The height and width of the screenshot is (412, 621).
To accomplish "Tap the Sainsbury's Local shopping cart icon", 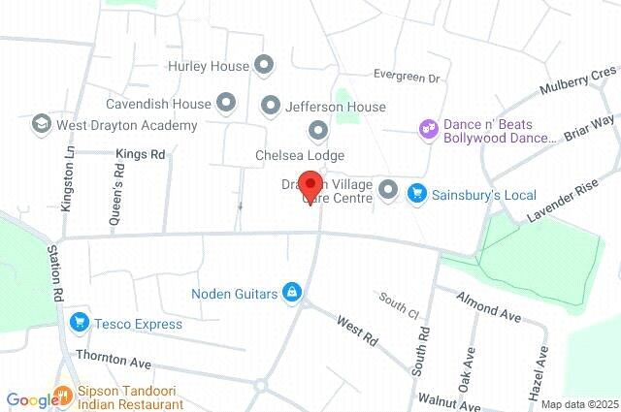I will click(417, 193).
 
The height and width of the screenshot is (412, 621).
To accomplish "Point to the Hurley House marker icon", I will click(265, 65).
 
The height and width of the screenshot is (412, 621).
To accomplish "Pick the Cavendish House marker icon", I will click(226, 101).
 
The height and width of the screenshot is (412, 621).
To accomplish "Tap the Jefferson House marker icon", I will click(271, 105).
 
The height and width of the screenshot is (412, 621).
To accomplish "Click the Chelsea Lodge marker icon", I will click(317, 131).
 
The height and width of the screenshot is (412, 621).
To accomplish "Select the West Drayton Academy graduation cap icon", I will click(41, 124).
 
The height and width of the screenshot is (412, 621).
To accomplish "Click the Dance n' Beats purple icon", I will click(426, 128).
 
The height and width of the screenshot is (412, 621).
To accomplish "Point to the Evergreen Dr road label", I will click(407, 77).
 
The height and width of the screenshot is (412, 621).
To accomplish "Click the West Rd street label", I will click(356, 331).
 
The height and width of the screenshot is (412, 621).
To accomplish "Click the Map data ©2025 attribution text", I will click(579, 404).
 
